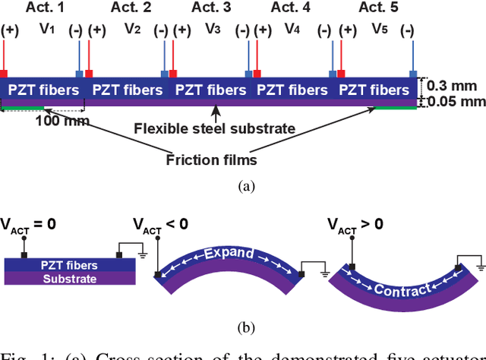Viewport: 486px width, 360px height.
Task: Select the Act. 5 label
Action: [x=377, y=8]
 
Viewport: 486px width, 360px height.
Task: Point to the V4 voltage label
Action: [x=292, y=29]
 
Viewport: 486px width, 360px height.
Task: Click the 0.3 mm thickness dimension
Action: [x=456, y=86]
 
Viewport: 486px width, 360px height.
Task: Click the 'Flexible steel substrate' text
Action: [x=214, y=128]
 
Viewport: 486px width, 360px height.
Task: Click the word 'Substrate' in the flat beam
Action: [x=70, y=278]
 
